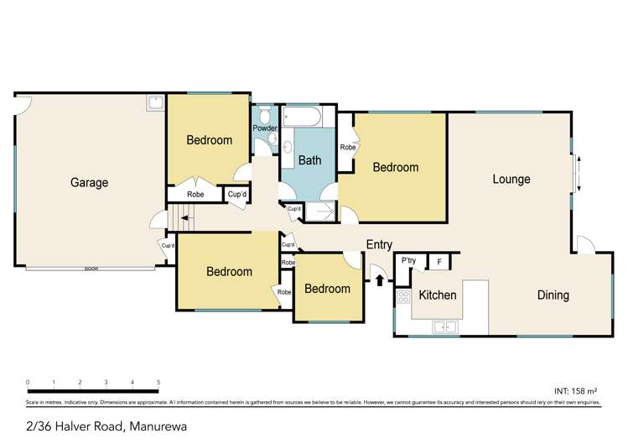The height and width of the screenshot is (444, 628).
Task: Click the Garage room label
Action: (89, 183)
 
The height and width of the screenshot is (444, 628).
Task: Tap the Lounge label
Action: (511, 179)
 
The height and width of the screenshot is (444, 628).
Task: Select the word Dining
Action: (553, 295)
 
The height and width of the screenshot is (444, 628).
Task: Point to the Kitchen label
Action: (438, 295)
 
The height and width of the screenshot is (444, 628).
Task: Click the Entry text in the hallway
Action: (379, 245)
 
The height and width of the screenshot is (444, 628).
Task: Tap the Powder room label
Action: (265, 128)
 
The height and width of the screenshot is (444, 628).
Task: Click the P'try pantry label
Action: (409, 261)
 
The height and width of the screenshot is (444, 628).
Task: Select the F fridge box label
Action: (439, 262)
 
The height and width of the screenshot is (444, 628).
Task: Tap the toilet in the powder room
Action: (266, 115)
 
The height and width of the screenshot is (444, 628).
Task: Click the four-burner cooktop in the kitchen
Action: (402, 297)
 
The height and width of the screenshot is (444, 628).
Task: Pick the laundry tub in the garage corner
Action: (155, 103)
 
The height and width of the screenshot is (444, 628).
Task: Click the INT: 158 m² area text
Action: (576, 391)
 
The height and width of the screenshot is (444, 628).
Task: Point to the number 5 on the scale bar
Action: (158, 382)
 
